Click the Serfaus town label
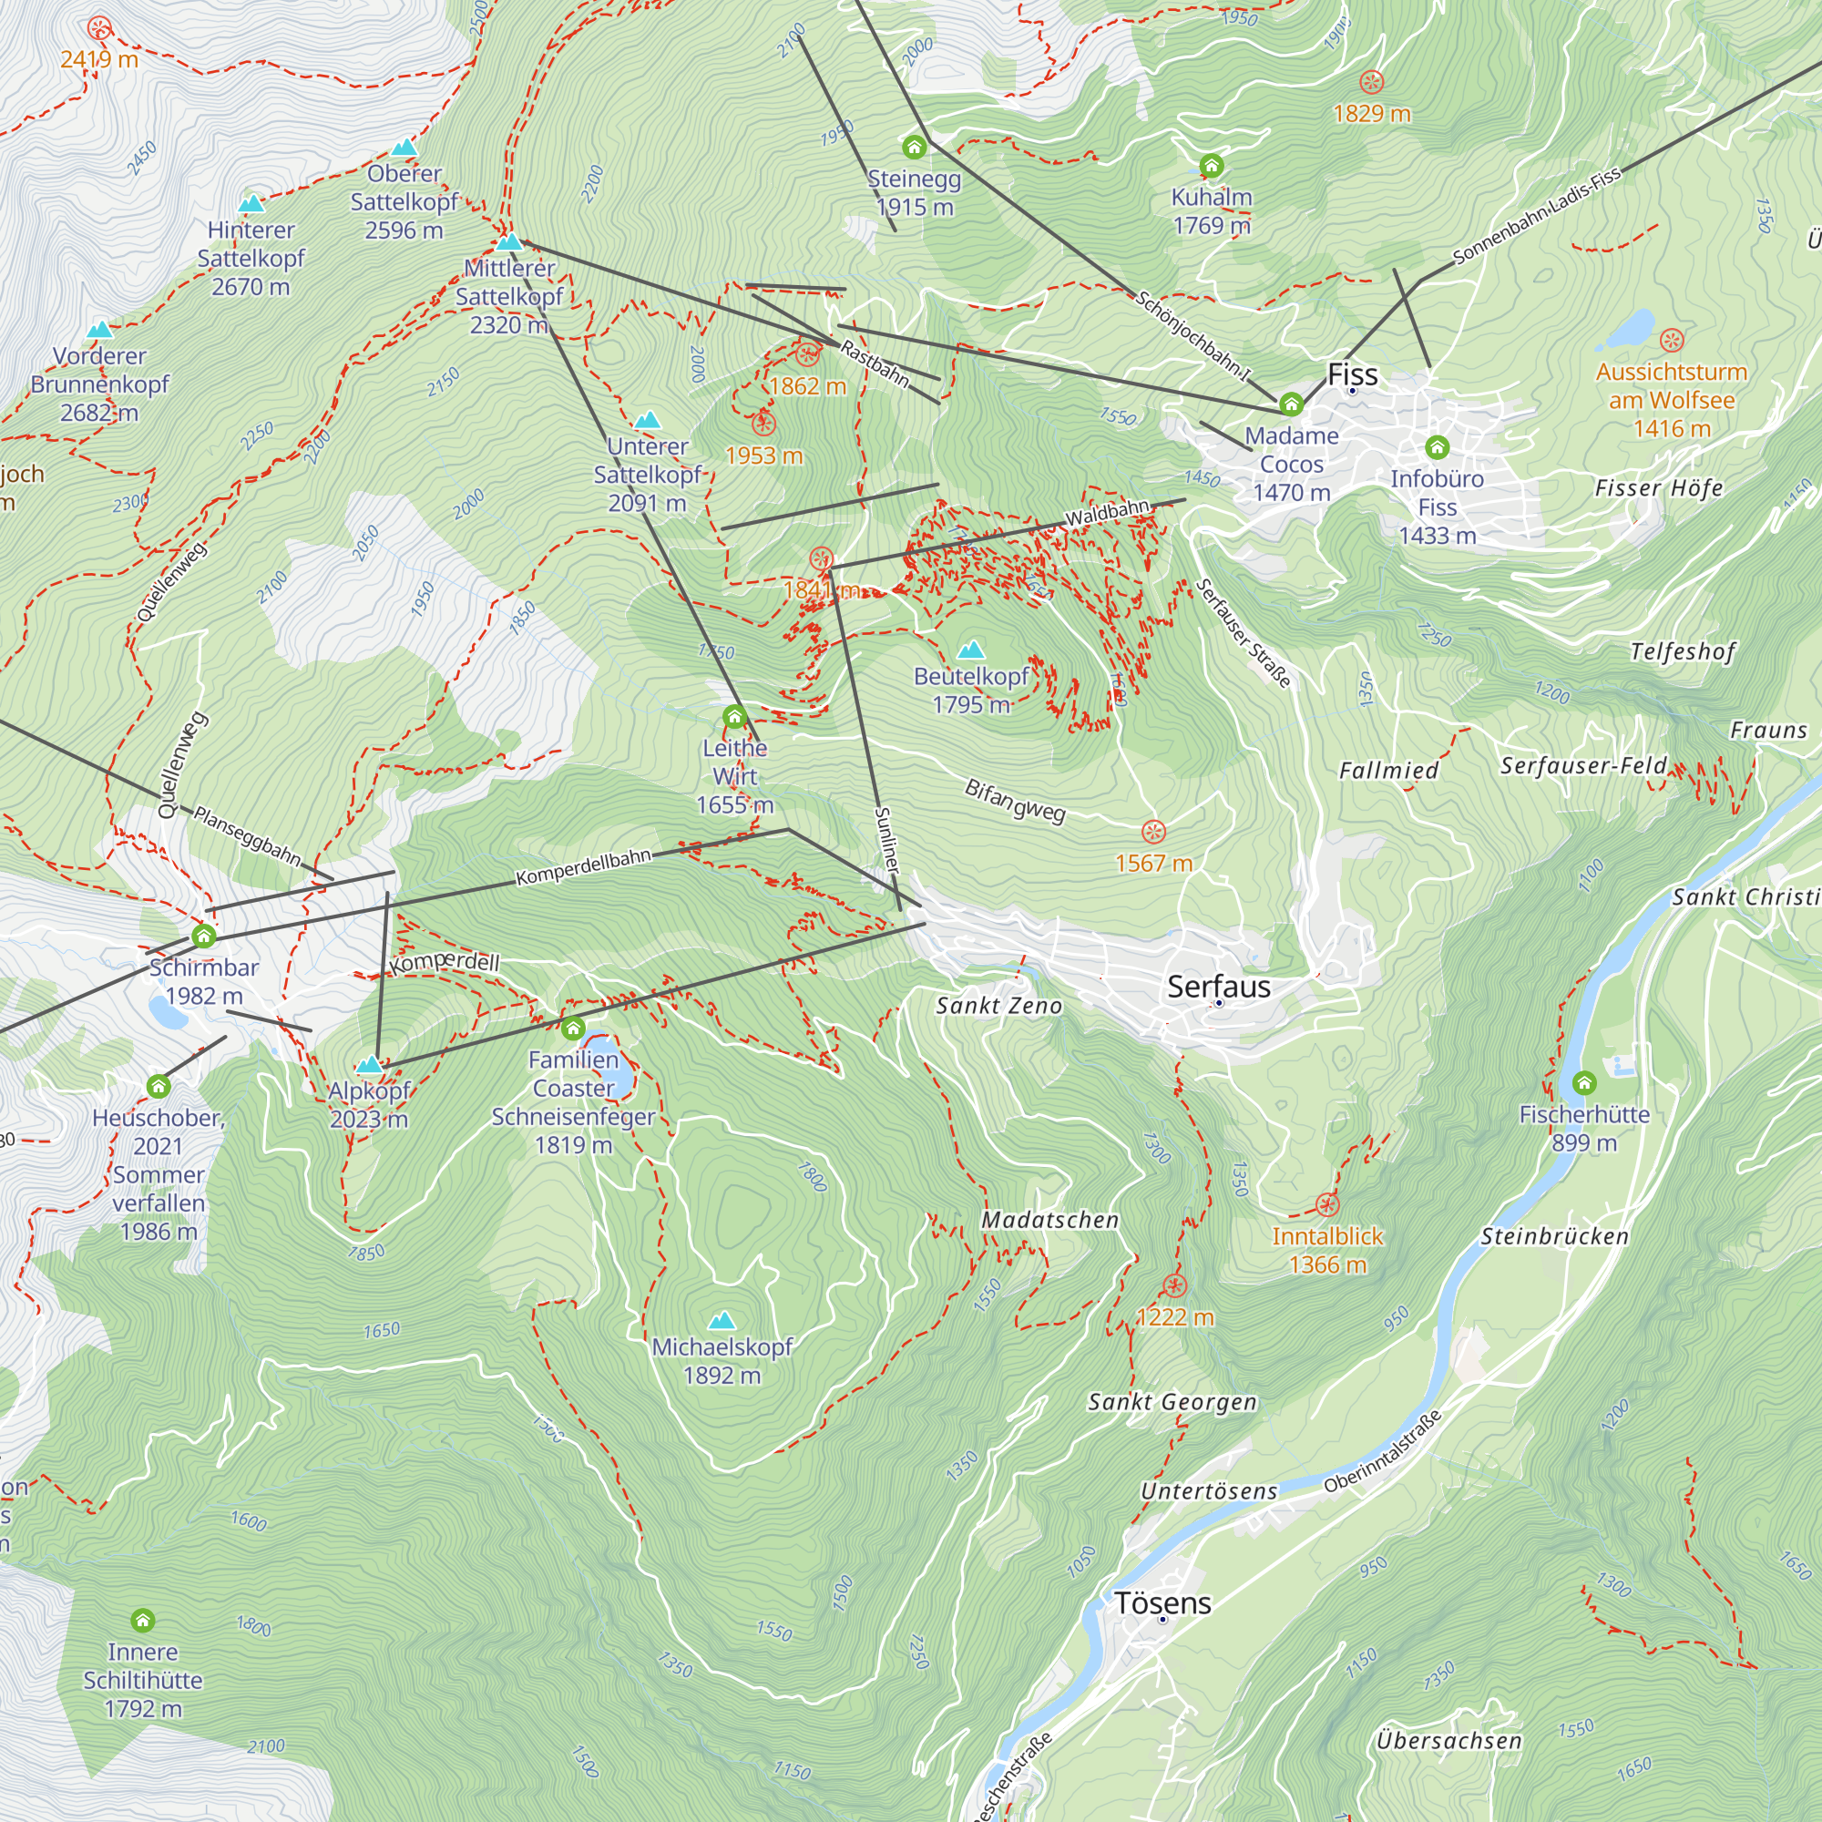(x=1218, y=987)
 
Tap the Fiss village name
(x=1352, y=374)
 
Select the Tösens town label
(x=1162, y=1603)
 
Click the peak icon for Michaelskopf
(x=722, y=1319)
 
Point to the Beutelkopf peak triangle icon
(x=970, y=650)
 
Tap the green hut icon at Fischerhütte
(x=1584, y=1081)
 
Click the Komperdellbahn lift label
(x=583, y=866)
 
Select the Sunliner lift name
(x=886, y=839)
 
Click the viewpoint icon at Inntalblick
(x=1327, y=1204)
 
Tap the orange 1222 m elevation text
(x=1174, y=1316)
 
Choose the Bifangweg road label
(x=1015, y=801)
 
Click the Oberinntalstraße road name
(x=1382, y=1452)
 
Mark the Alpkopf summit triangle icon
(x=370, y=1065)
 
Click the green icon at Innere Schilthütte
(x=142, y=1620)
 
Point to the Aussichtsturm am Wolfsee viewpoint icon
(x=1671, y=341)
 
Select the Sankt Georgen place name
(x=1172, y=1402)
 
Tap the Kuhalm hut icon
(x=1211, y=167)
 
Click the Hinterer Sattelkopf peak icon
(x=251, y=204)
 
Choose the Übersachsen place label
(x=1448, y=1741)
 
